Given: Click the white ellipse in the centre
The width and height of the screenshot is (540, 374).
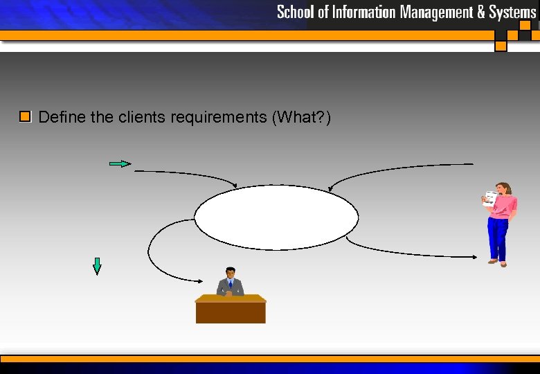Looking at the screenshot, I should pyautogui.click(x=276, y=217).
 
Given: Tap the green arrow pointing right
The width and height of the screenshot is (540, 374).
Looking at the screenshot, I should pyautogui.click(x=120, y=163).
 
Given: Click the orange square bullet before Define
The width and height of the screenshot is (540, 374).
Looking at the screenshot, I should pyautogui.click(x=26, y=116).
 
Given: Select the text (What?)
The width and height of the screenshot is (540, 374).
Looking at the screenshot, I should pyautogui.click(x=303, y=117).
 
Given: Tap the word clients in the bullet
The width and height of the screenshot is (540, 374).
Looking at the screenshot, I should pyautogui.click(x=138, y=117).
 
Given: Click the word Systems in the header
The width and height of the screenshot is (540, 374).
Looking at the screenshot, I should pyautogui.click(x=512, y=12).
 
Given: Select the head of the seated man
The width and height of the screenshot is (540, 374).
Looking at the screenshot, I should pyautogui.click(x=231, y=273).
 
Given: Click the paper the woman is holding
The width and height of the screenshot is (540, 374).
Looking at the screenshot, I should pyautogui.click(x=490, y=198).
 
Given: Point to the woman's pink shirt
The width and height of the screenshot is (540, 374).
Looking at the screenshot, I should pyautogui.click(x=504, y=206).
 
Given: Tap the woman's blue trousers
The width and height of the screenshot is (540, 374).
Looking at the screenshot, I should pyautogui.click(x=498, y=238).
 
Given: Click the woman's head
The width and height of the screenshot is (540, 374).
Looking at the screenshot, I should pyautogui.click(x=503, y=188).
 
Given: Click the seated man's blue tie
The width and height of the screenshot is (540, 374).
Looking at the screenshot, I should pyautogui.click(x=231, y=285).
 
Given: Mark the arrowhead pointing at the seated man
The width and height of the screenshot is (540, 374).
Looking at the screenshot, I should pyautogui.click(x=200, y=280).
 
